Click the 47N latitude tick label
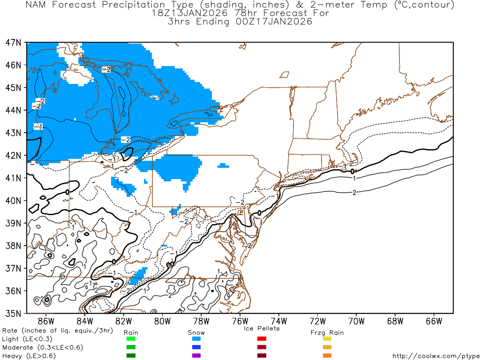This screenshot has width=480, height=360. [x=13, y=43]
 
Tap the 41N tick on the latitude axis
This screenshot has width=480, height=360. [x=13, y=178]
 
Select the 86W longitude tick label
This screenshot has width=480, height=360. [x=45, y=321]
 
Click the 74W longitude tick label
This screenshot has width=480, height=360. [x=279, y=321]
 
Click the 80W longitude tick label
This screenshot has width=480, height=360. [x=162, y=321]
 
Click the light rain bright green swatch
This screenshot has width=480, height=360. [x=131, y=339]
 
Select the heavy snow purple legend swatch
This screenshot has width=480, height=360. [x=196, y=356]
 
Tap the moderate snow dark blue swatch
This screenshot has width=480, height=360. [x=196, y=347]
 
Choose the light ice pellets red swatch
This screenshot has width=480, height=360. [x=262, y=339]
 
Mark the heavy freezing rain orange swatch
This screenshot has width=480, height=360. [x=327, y=356]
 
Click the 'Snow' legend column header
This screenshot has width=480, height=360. [x=196, y=332]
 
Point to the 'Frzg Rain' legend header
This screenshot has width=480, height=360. [x=327, y=332]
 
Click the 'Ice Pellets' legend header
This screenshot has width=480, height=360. [x=262, y=328]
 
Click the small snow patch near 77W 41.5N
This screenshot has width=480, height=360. [x=224, y=165]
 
